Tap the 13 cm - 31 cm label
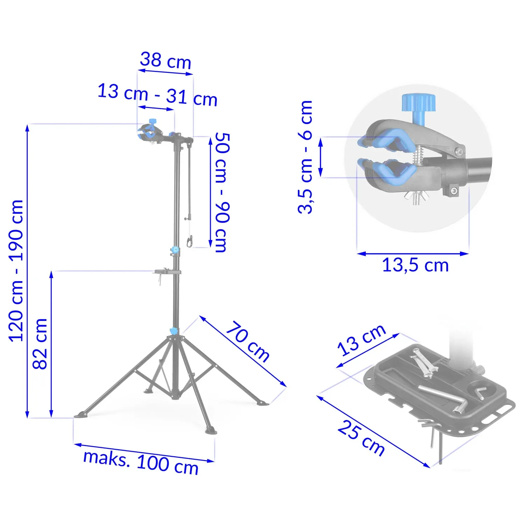tap(157, 95)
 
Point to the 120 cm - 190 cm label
tap(16, 271)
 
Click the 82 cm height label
tap(40, 344)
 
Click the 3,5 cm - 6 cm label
tap(305, 157)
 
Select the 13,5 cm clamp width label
tap(415, 265)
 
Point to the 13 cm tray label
tap(362, 340)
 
